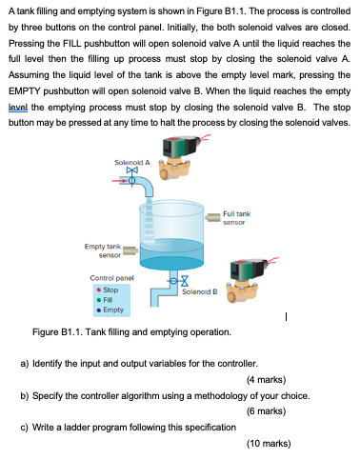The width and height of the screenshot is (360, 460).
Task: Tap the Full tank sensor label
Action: (x=236, y=218)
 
